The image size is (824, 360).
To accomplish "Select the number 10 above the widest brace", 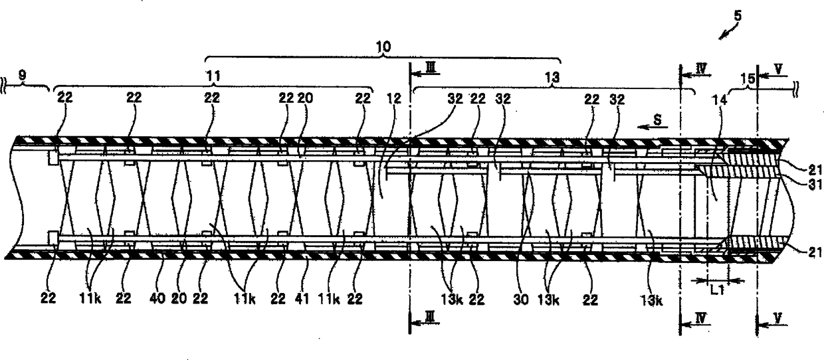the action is tap(383, 46).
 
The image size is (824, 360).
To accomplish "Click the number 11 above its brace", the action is tap(214, 77).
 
